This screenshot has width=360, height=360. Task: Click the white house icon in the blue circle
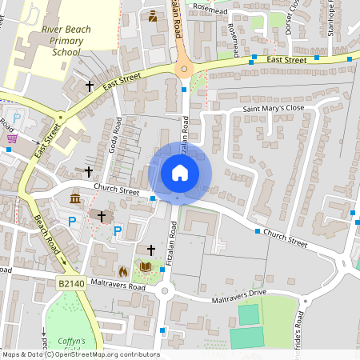click(179, 173)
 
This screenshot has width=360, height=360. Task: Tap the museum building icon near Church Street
click(74, 198)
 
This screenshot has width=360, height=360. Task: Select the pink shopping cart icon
click(11, 138)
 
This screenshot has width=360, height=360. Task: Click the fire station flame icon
click(122, 270)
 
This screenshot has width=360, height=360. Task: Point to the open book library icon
click(146, 266)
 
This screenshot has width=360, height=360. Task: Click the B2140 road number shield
click(70, 284)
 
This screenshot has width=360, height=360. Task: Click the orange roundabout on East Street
click(185, 70)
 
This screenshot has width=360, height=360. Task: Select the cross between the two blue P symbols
click(101, 216)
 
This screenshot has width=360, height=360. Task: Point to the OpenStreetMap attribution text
click(80, 354)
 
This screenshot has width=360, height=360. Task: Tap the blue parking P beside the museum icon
click(72, 221)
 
